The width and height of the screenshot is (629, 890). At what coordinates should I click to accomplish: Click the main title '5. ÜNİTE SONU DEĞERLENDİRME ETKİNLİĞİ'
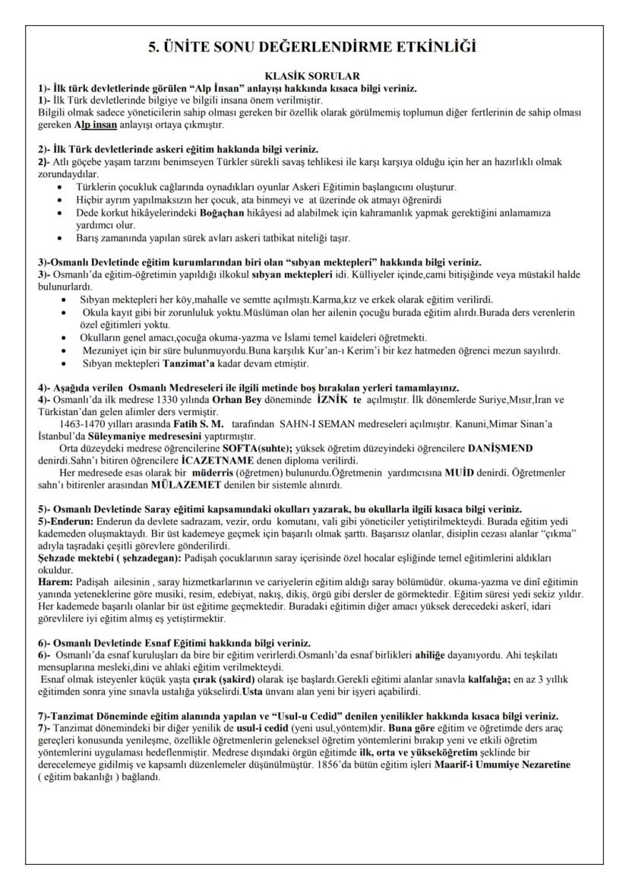point(313,47)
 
